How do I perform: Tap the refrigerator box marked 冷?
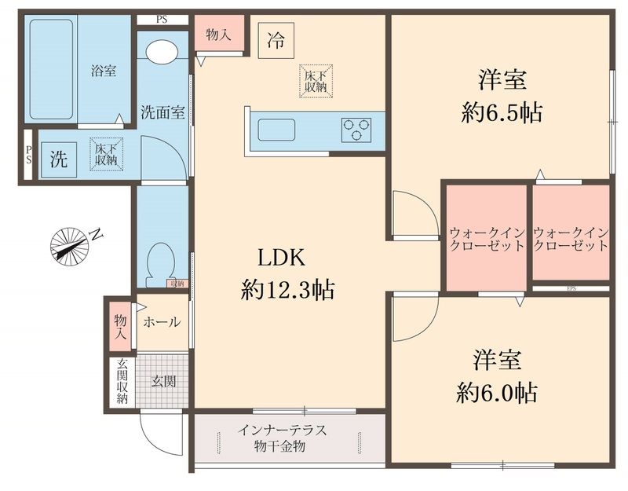click(276, 40)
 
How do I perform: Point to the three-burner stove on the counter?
click(356, 130)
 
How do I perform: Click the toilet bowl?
click(162, 259)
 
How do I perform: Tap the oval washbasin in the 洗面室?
click(162, 52)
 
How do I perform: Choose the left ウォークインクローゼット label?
click(487, 238)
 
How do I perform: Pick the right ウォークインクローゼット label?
click(571, 238)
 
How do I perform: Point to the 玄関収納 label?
click(122, 381)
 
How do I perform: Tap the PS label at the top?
click(162, 20)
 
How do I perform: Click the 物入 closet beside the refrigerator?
click(217, 35)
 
